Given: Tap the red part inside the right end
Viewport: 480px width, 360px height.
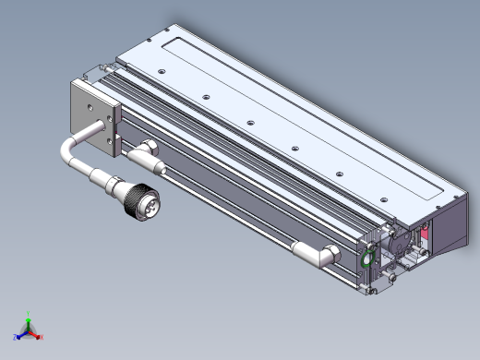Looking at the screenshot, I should (x=424, y=239).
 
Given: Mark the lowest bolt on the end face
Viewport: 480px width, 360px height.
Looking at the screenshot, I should (x=370, y=291).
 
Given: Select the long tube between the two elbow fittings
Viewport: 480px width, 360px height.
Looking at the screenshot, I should (x=231, y=208).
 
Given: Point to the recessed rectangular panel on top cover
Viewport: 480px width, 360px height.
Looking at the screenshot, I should (x=305, y=111).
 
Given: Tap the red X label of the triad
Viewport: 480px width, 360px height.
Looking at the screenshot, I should (x=42, y=338).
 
